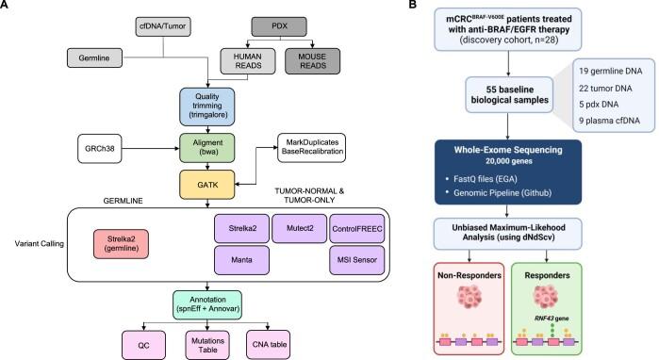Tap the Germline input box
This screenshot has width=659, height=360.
94,58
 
